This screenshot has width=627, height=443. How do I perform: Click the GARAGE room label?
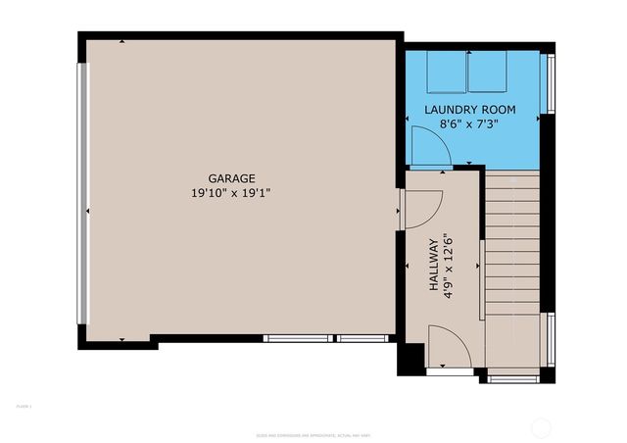coord(231,178)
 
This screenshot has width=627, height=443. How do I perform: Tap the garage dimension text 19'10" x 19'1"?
coord(231,193)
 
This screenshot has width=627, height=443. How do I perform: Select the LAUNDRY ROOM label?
coord(469,109)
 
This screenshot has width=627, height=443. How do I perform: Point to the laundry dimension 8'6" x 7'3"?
coord(469,123)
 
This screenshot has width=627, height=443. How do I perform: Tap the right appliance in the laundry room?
coord(486,71)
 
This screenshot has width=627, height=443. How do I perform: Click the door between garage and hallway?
coord(421,211)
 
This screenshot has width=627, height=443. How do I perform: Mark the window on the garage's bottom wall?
coord(327,338)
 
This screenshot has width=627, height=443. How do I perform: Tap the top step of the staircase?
coord(512,175)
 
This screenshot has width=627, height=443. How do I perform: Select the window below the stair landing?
coord(513,378)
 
